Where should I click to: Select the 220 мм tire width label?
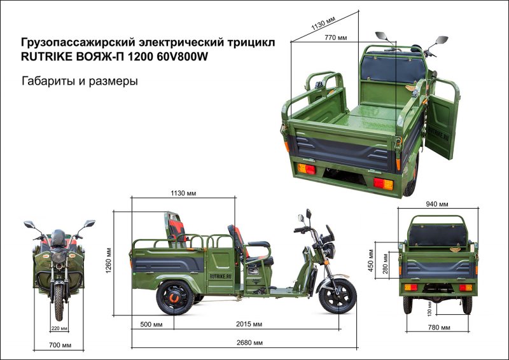pos(59,328)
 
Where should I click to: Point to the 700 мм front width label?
pos(59,345)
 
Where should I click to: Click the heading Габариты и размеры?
pos(80,81)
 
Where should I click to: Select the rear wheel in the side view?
pos(174,296)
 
